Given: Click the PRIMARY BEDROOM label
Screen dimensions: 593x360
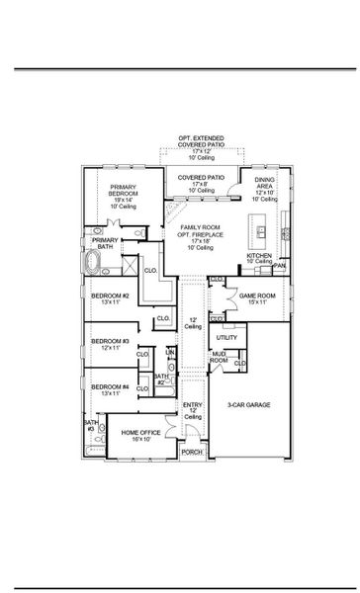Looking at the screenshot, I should pyautogui.click(x=124, y=194).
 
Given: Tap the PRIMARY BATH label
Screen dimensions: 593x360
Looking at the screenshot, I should pyautogui.click(x=106, y=243).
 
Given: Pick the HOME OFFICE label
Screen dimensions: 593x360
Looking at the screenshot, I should pyautogui.click(x=135, y=435).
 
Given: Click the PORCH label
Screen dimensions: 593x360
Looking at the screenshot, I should pyautogui.click(x=192, y=452).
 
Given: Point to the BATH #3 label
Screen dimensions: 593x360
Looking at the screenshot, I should pyautogui.click(x=89, y=426).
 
